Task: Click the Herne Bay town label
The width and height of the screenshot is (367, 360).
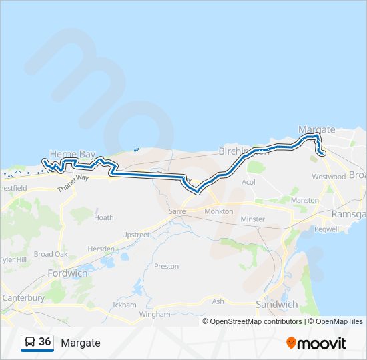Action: [74, 154]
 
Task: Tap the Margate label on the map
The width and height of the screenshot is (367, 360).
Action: [316, 129]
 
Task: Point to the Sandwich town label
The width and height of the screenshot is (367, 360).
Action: [277, 304]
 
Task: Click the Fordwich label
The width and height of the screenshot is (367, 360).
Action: [67, 273]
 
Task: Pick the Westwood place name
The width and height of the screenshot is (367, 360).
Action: [328, 177]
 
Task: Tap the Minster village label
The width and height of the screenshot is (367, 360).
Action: [252, 219]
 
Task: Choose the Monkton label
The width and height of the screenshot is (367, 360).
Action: [219, 211]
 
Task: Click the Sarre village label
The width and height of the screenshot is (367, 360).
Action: [177, 211]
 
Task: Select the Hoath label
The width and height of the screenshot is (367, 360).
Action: [103, 217]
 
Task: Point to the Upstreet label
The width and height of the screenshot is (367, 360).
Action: [136, 235]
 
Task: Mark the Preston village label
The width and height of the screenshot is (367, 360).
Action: [166, 266]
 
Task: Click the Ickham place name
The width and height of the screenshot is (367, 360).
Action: [125, 304]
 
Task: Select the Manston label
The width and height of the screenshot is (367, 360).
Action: [305, 200]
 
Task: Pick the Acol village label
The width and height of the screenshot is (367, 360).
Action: [248, 182]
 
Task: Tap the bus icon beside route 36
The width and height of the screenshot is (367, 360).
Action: [30, 342]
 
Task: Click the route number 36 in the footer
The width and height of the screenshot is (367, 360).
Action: [45, 342]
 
